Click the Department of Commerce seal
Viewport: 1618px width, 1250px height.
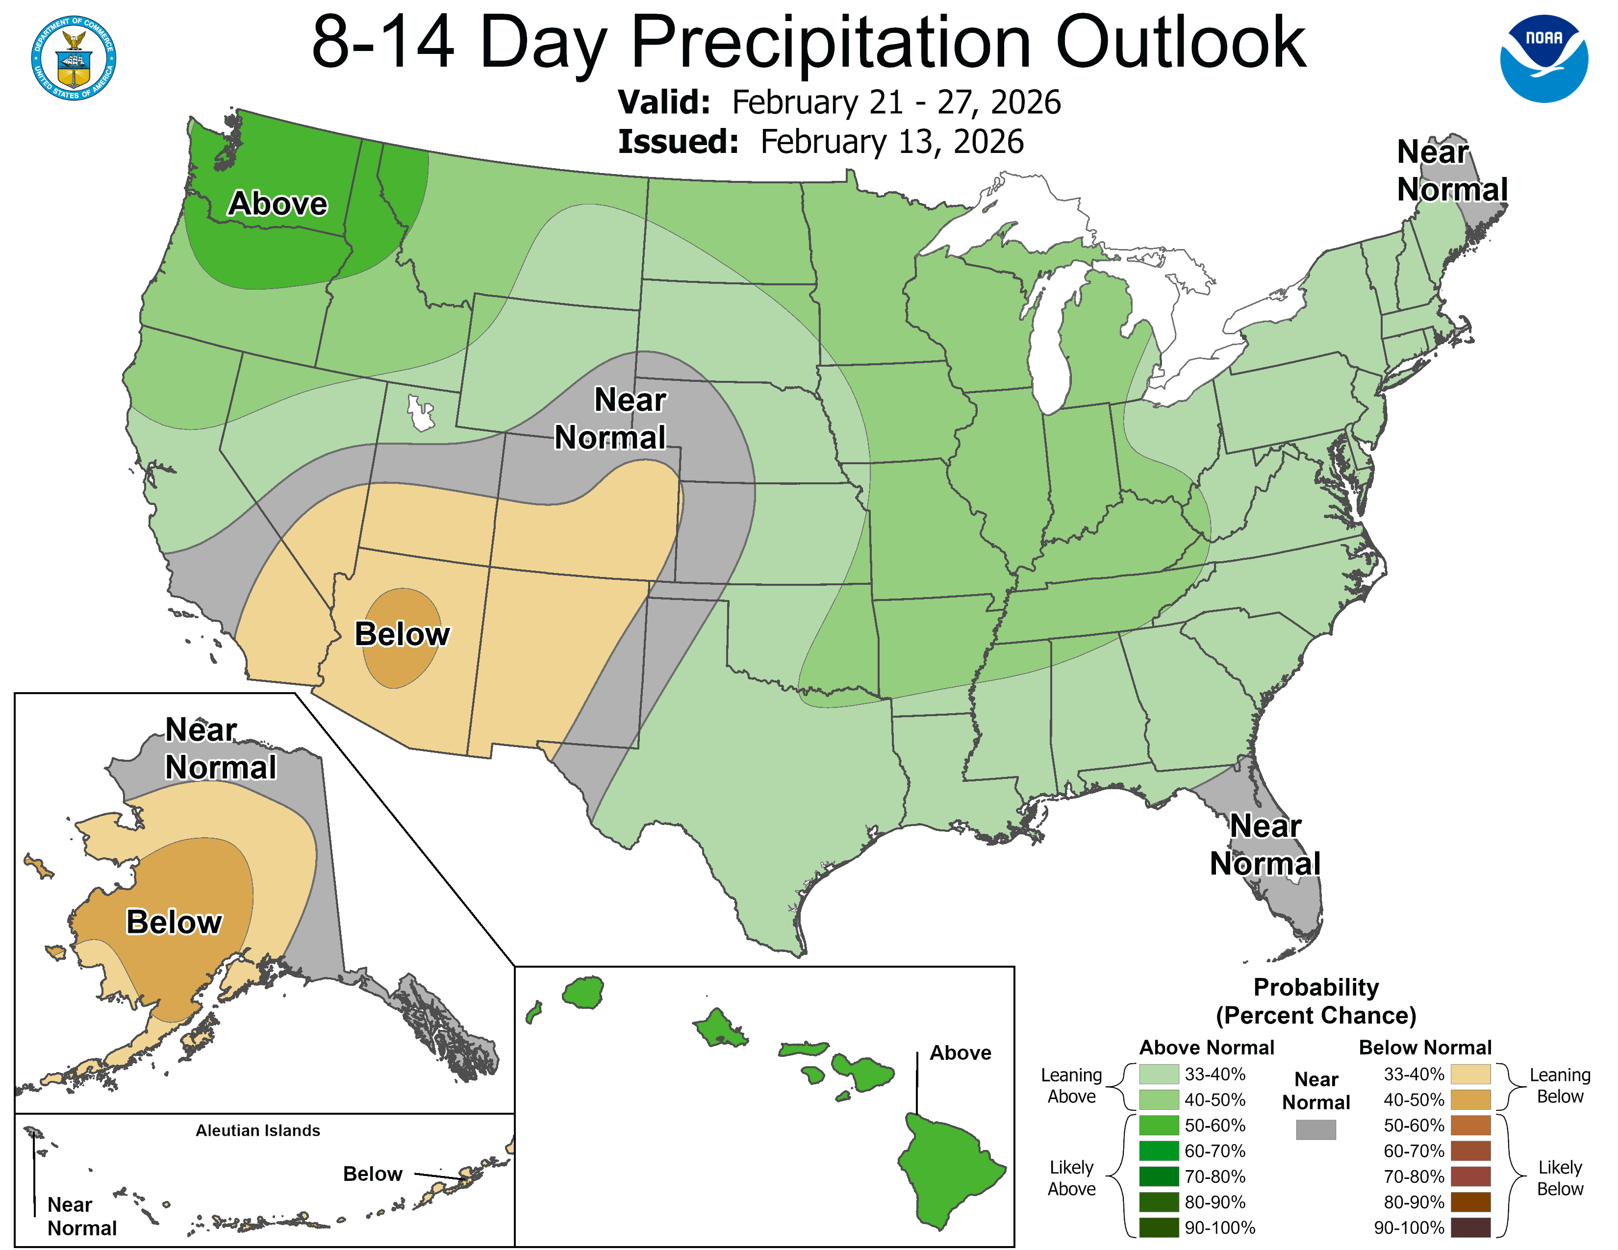[74, 58]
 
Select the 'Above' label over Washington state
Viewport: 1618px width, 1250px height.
[277, 203]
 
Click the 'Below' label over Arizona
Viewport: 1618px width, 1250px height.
[402, 635]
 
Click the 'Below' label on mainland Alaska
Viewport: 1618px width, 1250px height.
[174, 922]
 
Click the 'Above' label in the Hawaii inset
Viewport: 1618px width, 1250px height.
[960, 1052]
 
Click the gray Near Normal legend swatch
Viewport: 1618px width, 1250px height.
[1316, 1129]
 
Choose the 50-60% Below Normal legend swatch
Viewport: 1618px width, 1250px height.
[1470, 1125]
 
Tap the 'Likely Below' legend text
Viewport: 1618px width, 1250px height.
[1560, 1177]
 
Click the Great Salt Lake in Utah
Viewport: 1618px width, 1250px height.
[420, 414]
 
